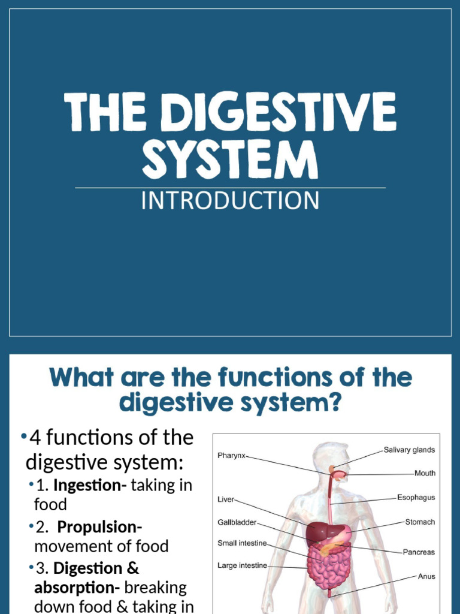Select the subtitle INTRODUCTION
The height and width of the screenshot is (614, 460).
click(230, 201)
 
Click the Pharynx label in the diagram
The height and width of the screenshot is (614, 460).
click(231, 456)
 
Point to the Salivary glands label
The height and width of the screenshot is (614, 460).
click(409, 450)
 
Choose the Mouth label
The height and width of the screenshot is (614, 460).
click(425, 473)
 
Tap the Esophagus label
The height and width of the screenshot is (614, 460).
click(416, 498)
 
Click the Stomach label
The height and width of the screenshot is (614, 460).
click(420, 522)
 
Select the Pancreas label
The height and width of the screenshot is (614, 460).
click(418, 552)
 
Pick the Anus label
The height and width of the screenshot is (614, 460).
click(426, 577)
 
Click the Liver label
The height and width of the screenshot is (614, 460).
click(226, 499)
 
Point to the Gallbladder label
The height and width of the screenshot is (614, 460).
click(237, 522)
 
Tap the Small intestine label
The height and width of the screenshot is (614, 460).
click(242, 543)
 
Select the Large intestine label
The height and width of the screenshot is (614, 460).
click(242, 565)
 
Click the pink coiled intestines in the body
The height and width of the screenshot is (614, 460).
click(328, 567)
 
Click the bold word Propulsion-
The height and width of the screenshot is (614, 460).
click(99, 528)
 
